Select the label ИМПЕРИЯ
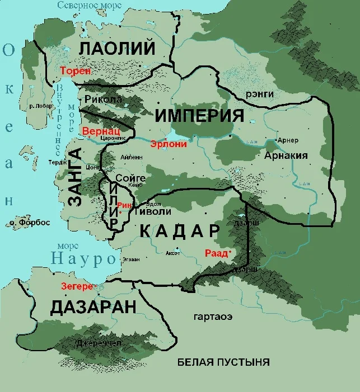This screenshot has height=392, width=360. pos(199,116)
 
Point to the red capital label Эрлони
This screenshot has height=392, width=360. pos(168,143)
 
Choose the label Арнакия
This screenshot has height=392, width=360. pos(286,155)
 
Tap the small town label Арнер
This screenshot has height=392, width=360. pos(288,140)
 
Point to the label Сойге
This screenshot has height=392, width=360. pos(130,178)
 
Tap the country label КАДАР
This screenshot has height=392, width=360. pos(179,230)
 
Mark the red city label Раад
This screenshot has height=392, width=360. pos(216,253)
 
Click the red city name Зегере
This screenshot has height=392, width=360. pos(77,286)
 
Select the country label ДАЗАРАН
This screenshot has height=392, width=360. pos(93,306)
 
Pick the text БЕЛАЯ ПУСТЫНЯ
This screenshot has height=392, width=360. pos(223,362)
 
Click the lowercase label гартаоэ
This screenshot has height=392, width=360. pos(213,317)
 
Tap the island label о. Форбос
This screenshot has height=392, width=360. pos(30,223)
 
